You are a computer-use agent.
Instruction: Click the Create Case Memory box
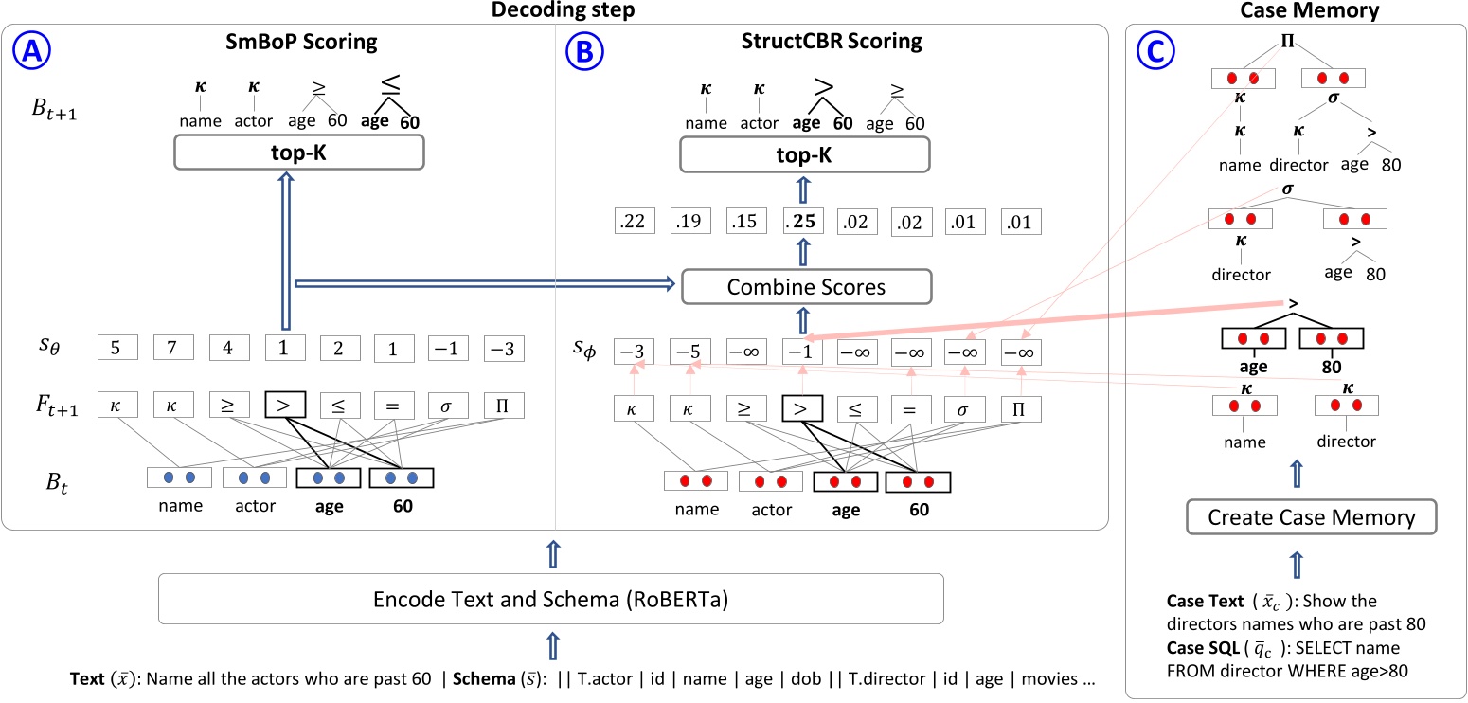[1313, 518]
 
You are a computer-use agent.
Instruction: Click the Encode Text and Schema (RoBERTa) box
[550, 598]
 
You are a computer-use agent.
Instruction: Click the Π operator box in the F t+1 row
[503, 408]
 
